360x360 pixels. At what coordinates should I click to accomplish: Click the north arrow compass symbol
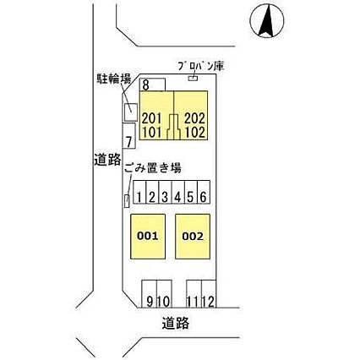coord(267,21)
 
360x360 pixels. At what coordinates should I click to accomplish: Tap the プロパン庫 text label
coord(201,66)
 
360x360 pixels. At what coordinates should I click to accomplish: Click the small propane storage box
coord(193,78)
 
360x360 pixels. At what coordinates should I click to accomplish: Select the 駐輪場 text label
coord(114,79)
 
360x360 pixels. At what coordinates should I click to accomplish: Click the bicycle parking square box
coord(131,112)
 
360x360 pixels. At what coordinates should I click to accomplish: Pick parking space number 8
coord(152,85)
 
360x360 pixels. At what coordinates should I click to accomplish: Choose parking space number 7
coord(128,136)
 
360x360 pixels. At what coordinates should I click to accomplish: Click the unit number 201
coord(152,118)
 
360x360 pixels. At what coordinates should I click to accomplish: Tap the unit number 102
coord(194,132)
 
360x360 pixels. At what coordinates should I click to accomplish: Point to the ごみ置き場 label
coord(153,168)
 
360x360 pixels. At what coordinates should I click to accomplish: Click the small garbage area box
coord(127,201)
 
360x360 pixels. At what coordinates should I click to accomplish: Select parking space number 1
coord(139,193)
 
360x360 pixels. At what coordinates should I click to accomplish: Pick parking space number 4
coord(178,193)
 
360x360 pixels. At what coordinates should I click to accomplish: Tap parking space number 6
coord(204,193)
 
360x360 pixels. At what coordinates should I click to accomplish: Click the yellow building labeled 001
coord(148,237)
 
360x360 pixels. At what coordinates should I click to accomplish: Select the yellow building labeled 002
coord(193,237)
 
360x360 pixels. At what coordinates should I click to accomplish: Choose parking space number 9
coord(150,293)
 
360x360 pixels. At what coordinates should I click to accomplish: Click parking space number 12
coord(209,293)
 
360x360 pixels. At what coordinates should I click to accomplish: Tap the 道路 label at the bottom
coord(175,323)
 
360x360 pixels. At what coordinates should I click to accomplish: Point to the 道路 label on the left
coord(107,160)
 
